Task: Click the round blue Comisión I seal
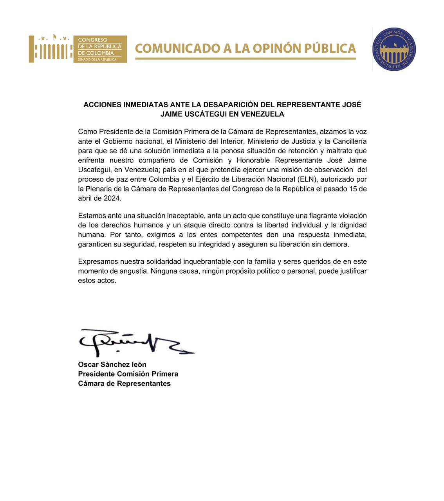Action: click(x=394, y=49)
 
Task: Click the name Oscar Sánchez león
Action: click(x=112, y=364)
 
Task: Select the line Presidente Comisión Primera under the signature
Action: click(x=128, y=374)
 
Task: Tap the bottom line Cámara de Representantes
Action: click(x=124, y=384)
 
